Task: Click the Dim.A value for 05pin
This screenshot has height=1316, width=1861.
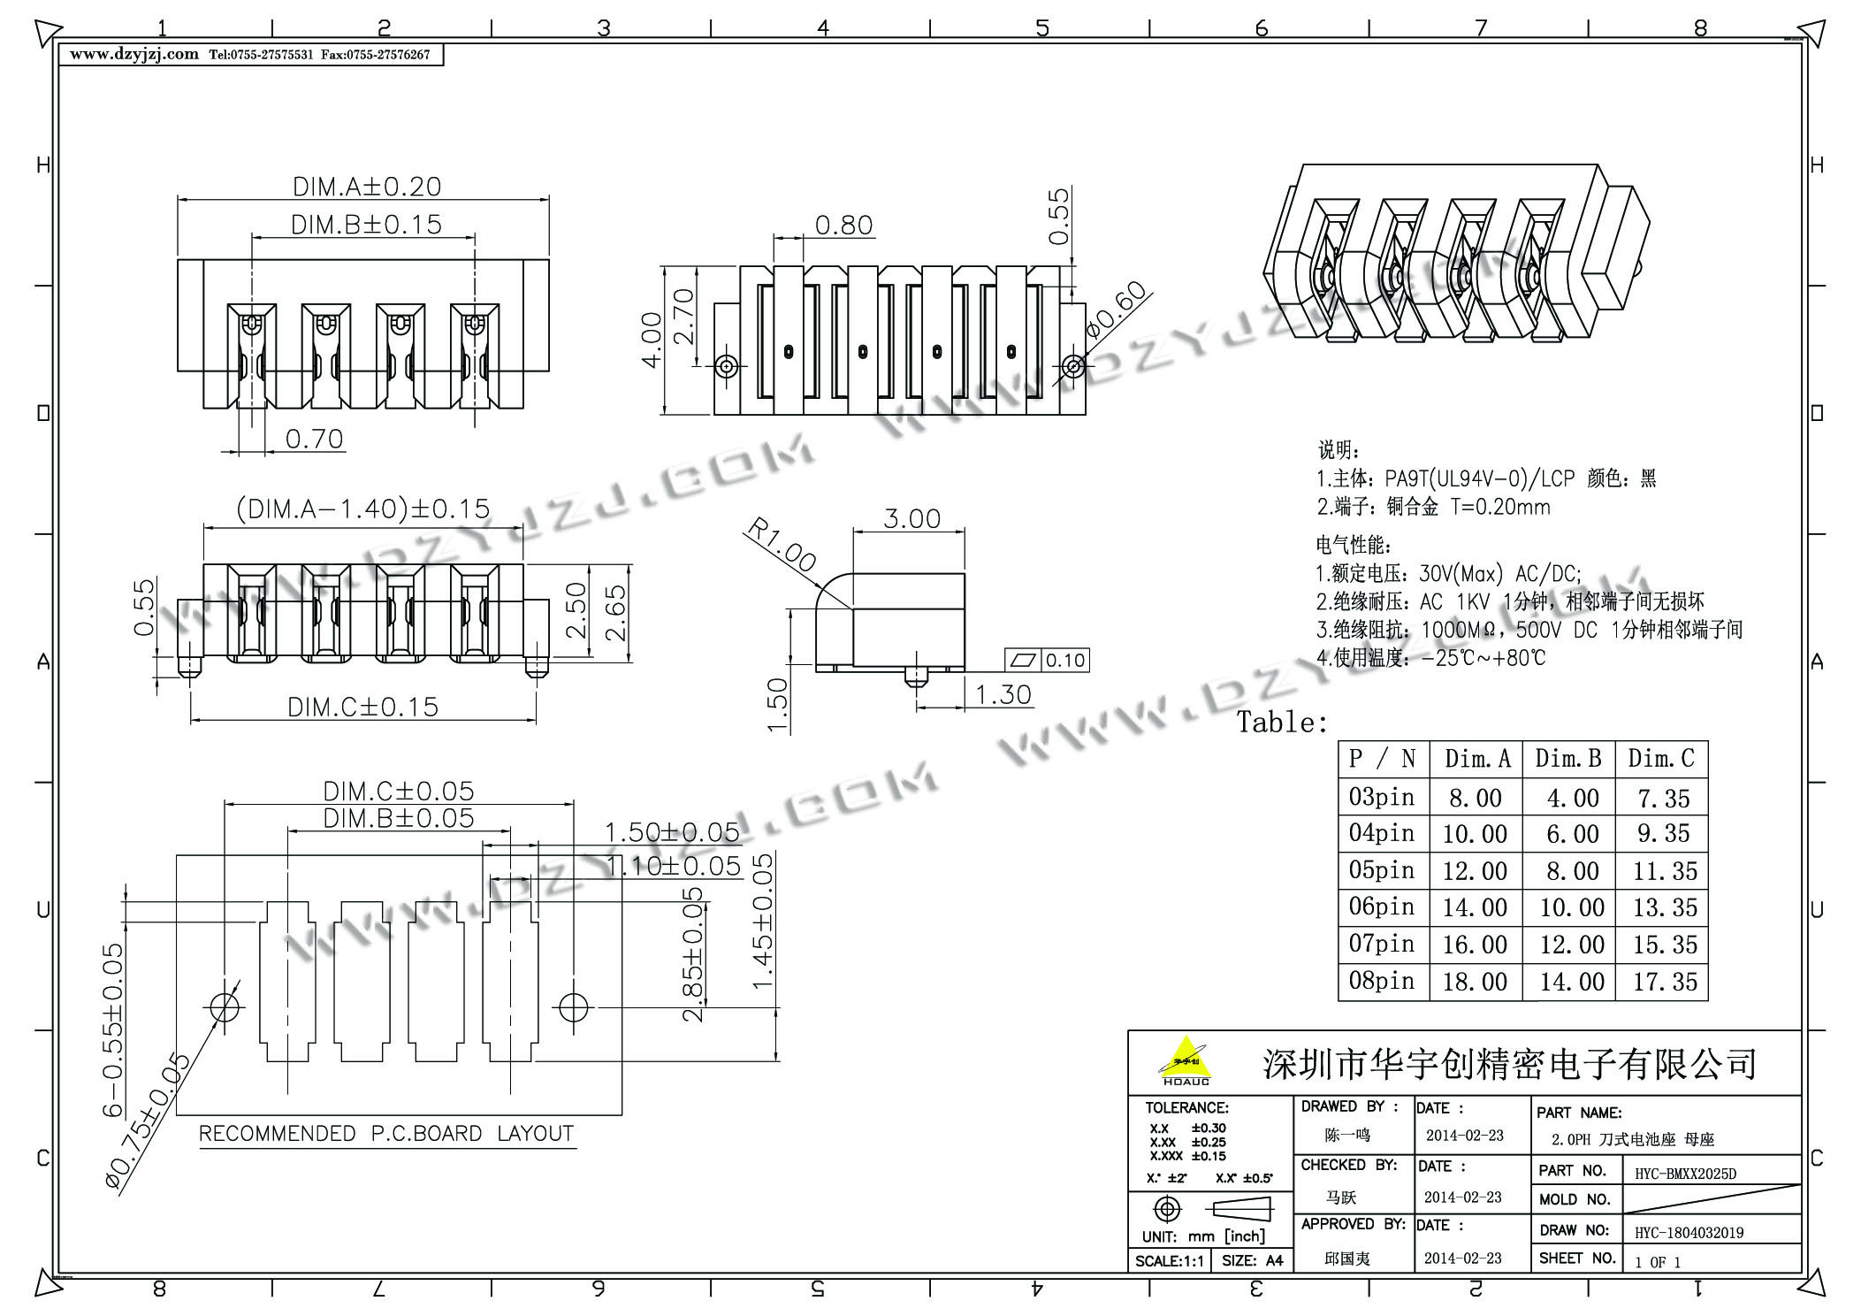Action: pyautogui.click(x=1475, y=871)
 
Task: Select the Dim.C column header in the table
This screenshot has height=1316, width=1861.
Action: pyautogui.click(x=1661, y=759)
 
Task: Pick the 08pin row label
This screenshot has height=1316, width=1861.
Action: pyautogui.click(x=1382, y=981)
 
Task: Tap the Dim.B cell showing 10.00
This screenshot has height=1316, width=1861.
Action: pyautogui.click(x=1572, y=907)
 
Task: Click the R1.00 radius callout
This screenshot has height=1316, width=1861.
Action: pyautogui.click(x=781, y=545)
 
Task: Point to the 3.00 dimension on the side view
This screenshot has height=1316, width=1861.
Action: pyautogui.click(x=911, y=518)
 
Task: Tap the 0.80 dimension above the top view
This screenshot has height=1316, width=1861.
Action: pyautogui.click(x=843, y=226)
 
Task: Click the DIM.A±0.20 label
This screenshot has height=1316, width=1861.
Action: pyautogui.click(x=367, y=187)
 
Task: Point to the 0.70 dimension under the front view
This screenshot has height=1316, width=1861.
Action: pyautogui.click(x=314, y=439)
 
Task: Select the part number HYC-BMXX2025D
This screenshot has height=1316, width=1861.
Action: pyautogui.click(x=1685, y=1174)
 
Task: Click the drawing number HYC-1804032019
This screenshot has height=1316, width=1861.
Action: pyautogui.click(x=1689, y=1232)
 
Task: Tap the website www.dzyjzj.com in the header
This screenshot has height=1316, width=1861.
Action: pyautogui.click(x=134, y=55)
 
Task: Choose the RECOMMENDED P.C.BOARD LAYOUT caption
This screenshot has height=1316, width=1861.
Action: pyautogui.click(x=386, y=1134)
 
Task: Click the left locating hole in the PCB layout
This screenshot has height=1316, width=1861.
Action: pyautogui.click(x=225, y=1006)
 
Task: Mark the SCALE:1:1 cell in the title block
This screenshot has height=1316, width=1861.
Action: pyautogui.click(x=1169, y=1260)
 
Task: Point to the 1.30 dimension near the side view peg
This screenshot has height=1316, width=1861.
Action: pyautogui.click(x=1003, y=695)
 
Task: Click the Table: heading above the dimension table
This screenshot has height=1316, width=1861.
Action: pyautogui.click(x=1282, y=723)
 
